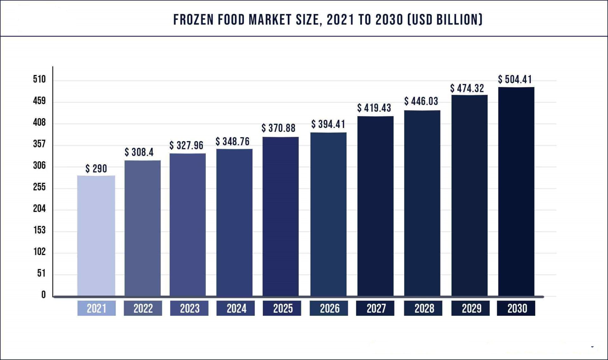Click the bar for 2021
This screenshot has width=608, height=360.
(x=96, y=236)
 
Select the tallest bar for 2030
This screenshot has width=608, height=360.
(x=516, y=192)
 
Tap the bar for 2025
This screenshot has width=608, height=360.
(x=281, y=217)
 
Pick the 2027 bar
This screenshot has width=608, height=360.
(x=376, y=206)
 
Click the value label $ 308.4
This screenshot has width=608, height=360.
(x=139, y=152)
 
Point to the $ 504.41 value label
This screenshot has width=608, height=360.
(x=515, y=79)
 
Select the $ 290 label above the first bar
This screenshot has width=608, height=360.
(x=96, y=169)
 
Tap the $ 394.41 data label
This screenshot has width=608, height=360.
(x=328, y=124)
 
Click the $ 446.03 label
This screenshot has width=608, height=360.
(x=421, y=101)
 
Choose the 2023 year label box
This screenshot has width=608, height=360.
(x=189, y=308)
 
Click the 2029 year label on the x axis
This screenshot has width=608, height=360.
(x=471, y=308)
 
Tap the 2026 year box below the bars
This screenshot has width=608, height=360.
(x=329, y=308)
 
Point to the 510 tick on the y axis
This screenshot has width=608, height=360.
(x=40, y=79)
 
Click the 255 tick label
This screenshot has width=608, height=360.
(x=40, y=187)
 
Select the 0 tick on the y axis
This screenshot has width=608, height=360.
(x=43, y=295)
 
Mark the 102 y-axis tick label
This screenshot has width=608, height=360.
(x=40, y=252)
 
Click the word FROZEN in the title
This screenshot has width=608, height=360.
(x=193, y=20)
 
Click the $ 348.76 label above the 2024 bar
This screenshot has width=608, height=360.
(x=233, y=142)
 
